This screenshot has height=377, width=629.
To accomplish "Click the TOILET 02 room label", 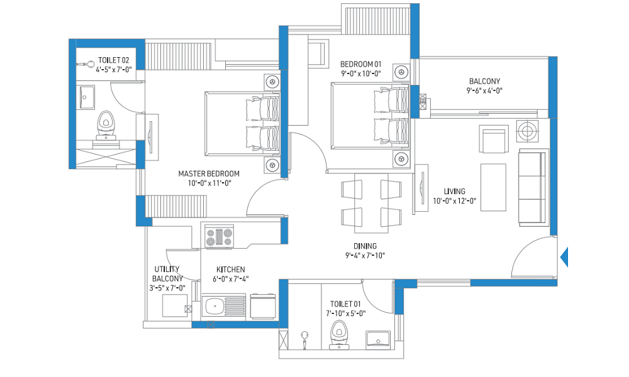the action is (x=113, y=60).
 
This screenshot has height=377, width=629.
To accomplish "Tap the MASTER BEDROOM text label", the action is (x=209, y=174).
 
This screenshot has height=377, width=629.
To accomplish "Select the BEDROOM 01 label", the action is (x=360, y=64).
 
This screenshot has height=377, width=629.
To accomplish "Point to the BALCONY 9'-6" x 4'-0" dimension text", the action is (x=484, y=90).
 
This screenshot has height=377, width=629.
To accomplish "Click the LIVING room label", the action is (x=454, y=192).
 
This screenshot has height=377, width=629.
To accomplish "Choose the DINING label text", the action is (x=365, y=246).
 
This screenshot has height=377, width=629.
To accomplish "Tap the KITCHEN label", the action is (x=231, y=270).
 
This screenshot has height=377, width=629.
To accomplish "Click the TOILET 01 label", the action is (x=345, y=304).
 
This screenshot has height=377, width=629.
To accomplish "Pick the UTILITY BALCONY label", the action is (x=167, y=273).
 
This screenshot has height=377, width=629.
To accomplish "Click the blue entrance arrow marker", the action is (x=564, y=257).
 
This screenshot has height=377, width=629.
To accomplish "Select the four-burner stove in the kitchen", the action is (x=219, y=237).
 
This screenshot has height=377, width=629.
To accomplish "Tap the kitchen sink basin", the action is (x=214, y=307).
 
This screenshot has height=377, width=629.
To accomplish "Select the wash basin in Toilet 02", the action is (x=86, y=97).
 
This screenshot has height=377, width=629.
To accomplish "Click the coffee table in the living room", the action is (x=493, y=187).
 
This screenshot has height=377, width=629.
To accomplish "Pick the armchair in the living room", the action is (x=494, y=139).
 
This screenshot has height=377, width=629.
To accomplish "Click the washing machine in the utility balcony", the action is (x=175, y=306).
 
